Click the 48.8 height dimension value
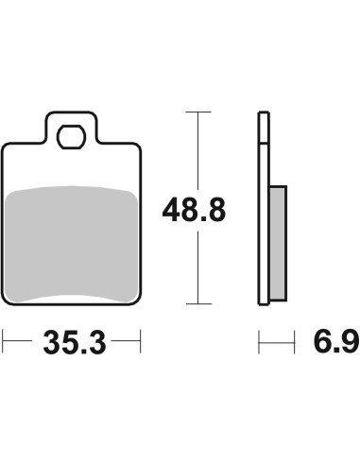[x=194, y=210]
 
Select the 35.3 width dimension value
[x=75, y=342]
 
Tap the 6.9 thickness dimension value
[x=336, y=341]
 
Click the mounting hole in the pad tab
[x=71, y=137]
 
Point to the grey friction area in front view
[x=72, y=244]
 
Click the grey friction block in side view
[x=279, y=243]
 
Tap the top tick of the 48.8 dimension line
[x=198, y=112]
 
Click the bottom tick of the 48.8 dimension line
[x=198, y=304]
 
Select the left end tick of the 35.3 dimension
[x=3, y=341]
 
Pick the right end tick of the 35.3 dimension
[x=141, y=341]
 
